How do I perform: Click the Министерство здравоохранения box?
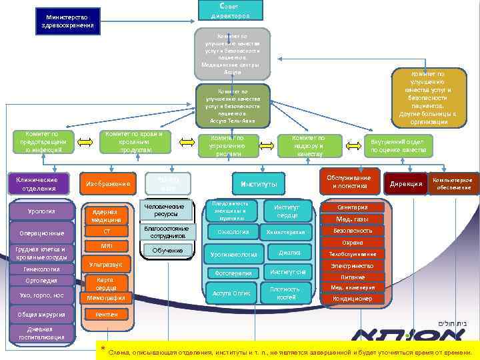coord(67,21)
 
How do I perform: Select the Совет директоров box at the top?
coord(230,9)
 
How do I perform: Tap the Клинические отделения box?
coord(37,184)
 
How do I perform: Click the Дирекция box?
coord(405,184)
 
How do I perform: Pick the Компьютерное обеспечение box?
coord(453,184)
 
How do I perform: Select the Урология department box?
coord(41,212)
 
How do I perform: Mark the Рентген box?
coord(107,314)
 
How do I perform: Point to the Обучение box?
coord(167,250)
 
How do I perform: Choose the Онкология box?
coord(233,232)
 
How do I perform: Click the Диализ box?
coord(289,253)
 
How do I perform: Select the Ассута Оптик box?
coord(232,293)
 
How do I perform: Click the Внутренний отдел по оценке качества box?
coord(398,145)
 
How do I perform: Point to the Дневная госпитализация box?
coord(41,334)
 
